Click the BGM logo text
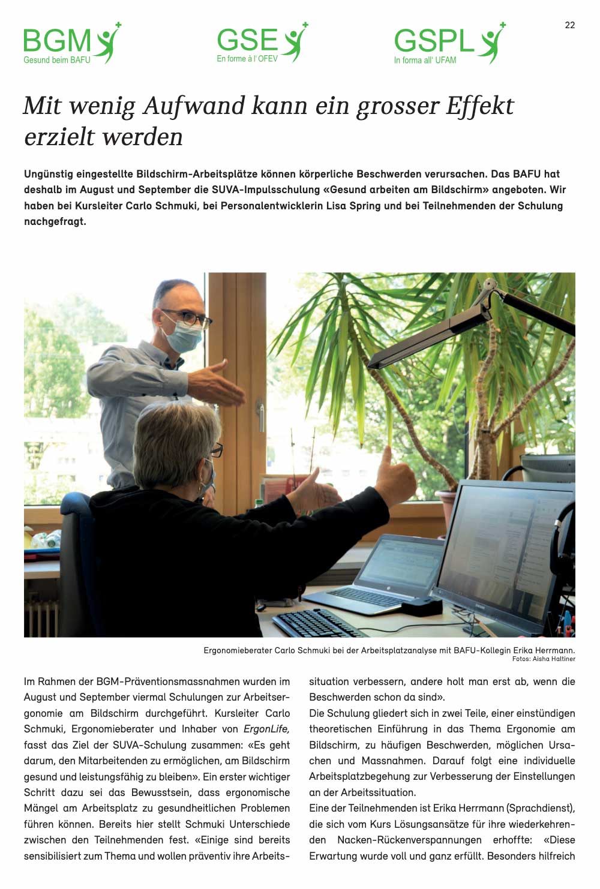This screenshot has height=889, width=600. [x=57, y=41]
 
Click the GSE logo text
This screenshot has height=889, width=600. [x=247, y=40]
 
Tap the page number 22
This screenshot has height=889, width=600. [x=570, y=25]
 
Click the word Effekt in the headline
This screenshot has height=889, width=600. [x=480, y=106]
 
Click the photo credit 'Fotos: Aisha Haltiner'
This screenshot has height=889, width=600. [x=544, y=659]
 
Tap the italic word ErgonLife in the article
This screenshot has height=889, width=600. [x=266, y=729]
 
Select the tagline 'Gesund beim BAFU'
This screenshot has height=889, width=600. [x=57, y=60]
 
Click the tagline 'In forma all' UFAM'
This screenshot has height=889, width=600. [x=425, y=61]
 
